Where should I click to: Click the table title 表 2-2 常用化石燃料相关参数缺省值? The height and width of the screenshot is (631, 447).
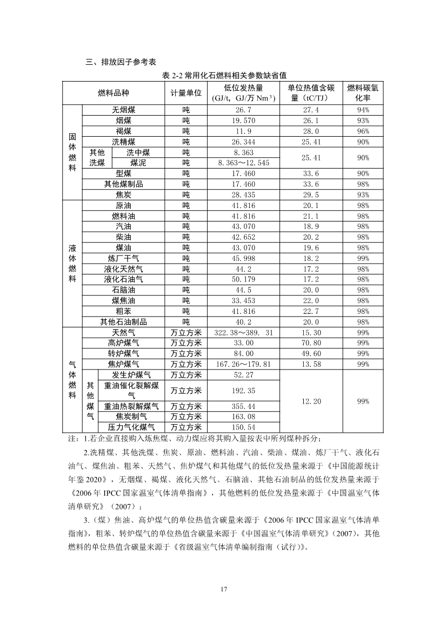click(x=224, y=76)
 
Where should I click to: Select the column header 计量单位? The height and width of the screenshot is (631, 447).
click(x=186, y=93)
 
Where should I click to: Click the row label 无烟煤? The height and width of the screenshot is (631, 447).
click(x=124, y=110)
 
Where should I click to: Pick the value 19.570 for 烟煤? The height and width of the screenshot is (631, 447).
click(x=243, y=120)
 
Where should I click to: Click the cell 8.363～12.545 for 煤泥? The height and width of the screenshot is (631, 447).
click(x=243, y=163)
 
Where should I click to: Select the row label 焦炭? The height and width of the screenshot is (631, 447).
click(x=124, y=194)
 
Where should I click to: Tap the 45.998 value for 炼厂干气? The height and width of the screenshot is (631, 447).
click(x=243, y=258)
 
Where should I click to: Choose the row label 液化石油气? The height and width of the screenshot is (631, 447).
click(x=124, y=279)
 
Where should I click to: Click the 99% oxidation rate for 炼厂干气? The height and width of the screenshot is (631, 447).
click(x=362, y=258)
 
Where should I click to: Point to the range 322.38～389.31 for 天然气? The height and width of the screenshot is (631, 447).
click(x=243, y=332)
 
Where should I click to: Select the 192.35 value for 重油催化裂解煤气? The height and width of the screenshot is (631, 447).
click(x=243, y=391)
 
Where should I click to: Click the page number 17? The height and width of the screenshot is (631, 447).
click(x=223, y=588)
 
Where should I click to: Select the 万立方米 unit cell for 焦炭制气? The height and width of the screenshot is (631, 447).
click(x=186, y=417)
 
